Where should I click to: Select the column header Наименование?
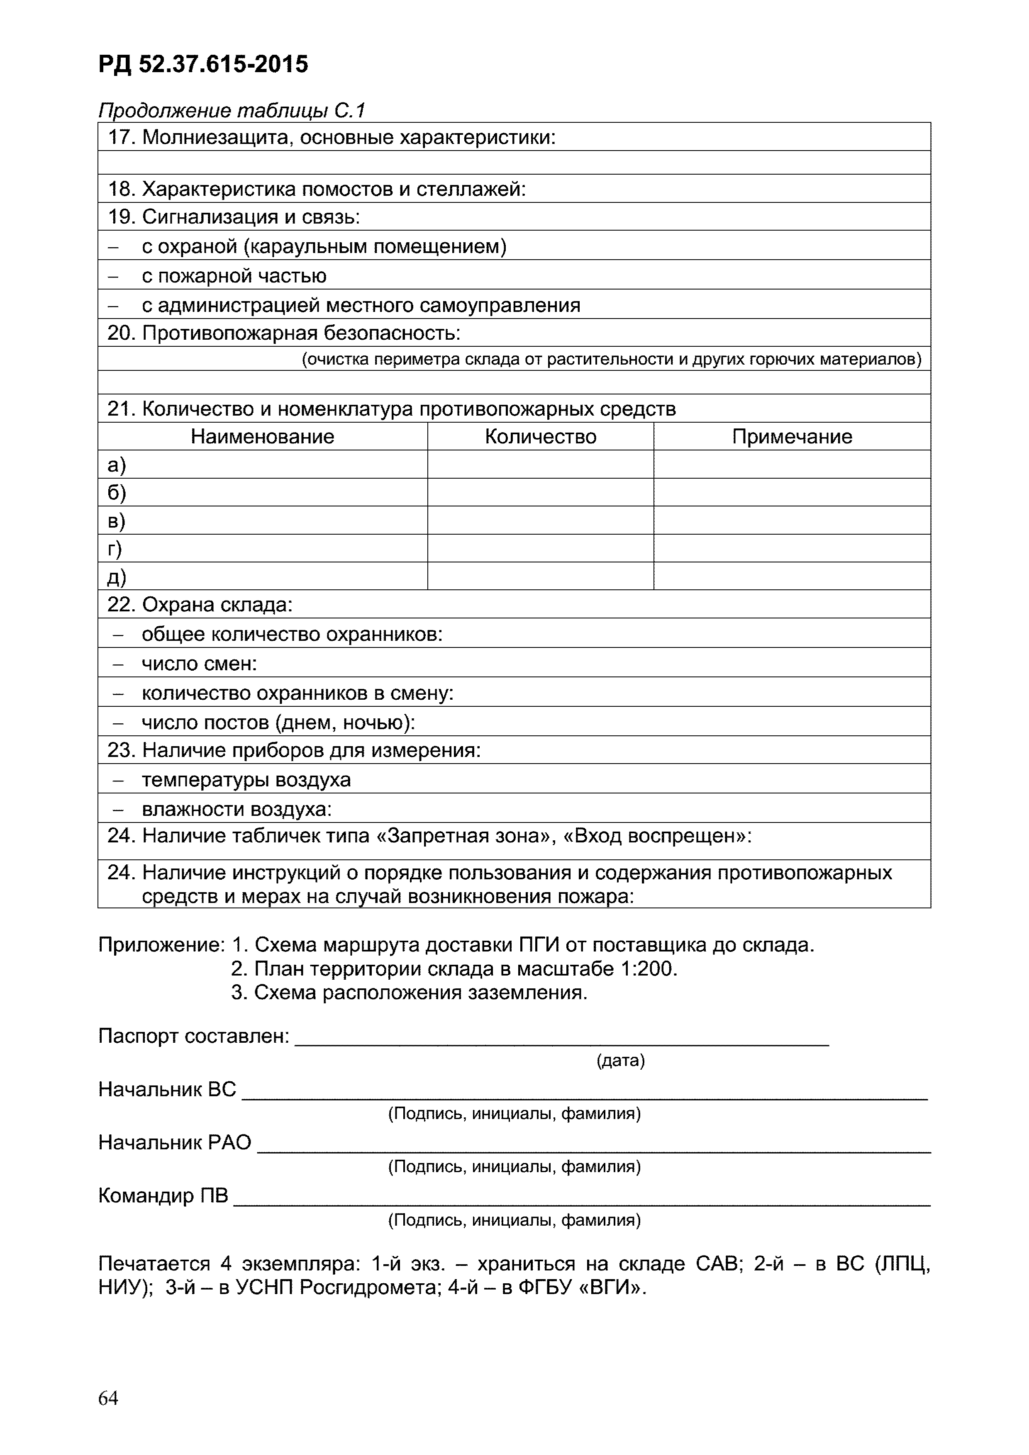[x=263, y=437]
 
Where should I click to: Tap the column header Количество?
[x=540, y=437]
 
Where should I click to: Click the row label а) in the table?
[x=117, y=465]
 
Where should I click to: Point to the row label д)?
[x=117, y=577]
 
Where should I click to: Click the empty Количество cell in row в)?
[x=540, y=520]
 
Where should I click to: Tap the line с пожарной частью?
[x=234, y=276]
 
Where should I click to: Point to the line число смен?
[x=199, y=664]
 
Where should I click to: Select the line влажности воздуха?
[x=237, y=809]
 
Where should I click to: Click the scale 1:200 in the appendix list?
[x=651, y=969]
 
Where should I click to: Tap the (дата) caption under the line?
[x=620, y=1061]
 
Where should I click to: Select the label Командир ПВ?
[x=163, y=1196]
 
